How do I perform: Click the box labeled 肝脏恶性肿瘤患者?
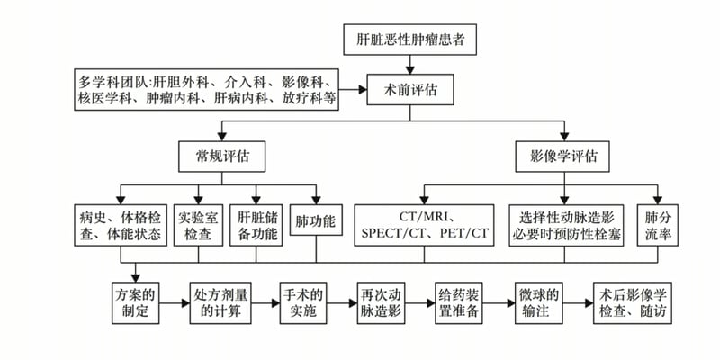click(410, 40)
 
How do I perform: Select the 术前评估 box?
click(410, 90)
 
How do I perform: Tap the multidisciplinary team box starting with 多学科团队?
click(207, 91)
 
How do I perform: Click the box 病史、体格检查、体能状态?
click(120, 226)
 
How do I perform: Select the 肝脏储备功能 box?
click(257, 226)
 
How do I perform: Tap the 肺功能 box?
click(316, 220)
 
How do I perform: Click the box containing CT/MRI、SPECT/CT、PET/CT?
click(425, 226)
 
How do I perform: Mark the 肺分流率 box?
click(658, 226)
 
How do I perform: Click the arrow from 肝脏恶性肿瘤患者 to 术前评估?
click(410, 65)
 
